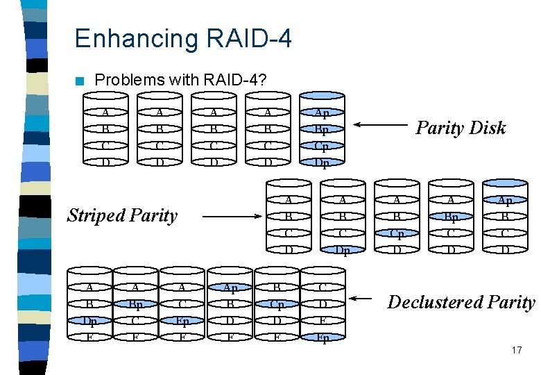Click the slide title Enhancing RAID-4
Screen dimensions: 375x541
click(x=182, y=38)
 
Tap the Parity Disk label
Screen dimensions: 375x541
click(x=460, y=128)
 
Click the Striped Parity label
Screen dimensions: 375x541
click(x=122, y=215)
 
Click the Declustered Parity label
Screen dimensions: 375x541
click(x=461, y=302)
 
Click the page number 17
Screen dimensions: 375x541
click(x=516, y=350)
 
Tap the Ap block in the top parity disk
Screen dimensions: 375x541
click(x=322, y=113)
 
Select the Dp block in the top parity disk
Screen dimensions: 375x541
click(x=322, y=163)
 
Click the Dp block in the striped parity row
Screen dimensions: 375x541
click(x=342, y=249)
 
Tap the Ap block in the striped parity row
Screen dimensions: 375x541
click(x=504, y=201)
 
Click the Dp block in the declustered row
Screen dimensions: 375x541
click(x=89, y=322)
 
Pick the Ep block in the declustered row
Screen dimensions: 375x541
click(x=182, y=322)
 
